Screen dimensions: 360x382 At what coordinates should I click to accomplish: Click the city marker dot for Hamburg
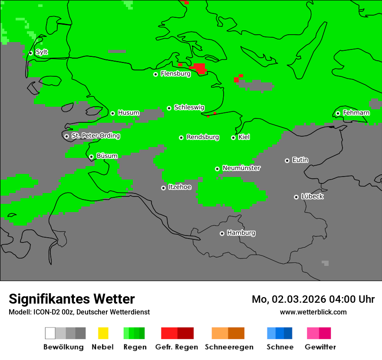pyautogui.click(x=222, y=233)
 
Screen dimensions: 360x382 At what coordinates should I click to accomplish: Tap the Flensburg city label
pyautogui.click(x=175, y=74)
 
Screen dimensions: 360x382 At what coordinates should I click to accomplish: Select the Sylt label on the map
pyautogui.click(x=42, y=52)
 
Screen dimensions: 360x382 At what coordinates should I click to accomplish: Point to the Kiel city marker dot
pyautogui.click(x=233, y=137)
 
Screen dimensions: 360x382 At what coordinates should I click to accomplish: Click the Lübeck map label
pyautogui.click(x=312, y=196)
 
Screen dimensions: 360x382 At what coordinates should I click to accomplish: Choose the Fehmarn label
pyautogui.click(x=356, y=113)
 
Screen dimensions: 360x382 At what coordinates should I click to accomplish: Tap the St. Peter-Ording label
pyautogui.click(x=95, y=136)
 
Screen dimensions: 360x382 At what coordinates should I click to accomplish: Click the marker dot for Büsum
pyautogui.click(x=91, y=157)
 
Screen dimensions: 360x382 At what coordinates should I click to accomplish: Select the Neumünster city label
pyautogui.click(x=241, y=168)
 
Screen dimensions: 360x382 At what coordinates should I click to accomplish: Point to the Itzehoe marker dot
pyautogui.click(x=163, y=188)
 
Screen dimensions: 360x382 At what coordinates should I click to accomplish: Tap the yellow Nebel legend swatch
pyautogui.click(x=103, y=333)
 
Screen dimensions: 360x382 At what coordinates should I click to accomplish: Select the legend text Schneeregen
pyautogui.click(x=229, y=347)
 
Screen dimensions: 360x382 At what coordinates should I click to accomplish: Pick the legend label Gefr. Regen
pyautogui.click(x=177, y=347)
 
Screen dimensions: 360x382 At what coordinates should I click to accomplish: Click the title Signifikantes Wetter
pyautogui.click(x=72, y=299)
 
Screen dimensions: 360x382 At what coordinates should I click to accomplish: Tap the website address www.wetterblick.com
pyautogui.click(x=313, y=312)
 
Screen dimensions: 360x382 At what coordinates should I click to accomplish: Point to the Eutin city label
pyautogui.click(x=300, y=160)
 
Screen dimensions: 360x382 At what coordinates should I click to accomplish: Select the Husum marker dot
pyautogui.click(x=112, y=113)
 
